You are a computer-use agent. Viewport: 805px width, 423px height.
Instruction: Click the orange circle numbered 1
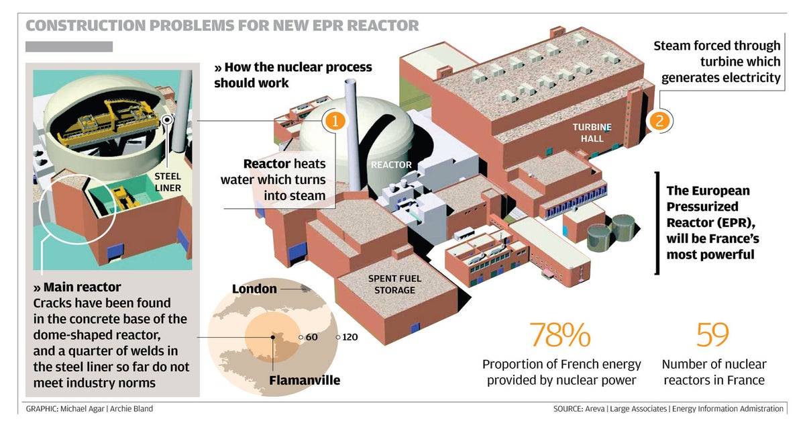tap(335, 120)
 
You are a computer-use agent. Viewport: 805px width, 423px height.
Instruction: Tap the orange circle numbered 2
tap(659, 121)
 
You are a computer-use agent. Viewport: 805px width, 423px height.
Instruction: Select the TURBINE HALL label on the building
tap(588, 132)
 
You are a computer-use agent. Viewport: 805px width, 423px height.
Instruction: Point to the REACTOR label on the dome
tap(391, 164)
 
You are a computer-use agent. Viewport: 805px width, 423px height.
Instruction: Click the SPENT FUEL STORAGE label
tap(395, 284)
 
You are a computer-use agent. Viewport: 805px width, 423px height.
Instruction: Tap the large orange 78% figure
tap(560, 335)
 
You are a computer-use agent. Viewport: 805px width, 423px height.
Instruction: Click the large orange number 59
tap(712, 335)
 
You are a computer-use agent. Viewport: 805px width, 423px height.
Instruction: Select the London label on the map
tap(254, 289)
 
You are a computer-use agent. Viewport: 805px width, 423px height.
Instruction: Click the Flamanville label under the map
tap(305, 381)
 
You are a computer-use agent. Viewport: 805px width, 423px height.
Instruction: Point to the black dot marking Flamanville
tap(273, 337)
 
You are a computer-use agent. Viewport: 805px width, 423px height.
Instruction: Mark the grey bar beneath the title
tap(69, 47)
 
